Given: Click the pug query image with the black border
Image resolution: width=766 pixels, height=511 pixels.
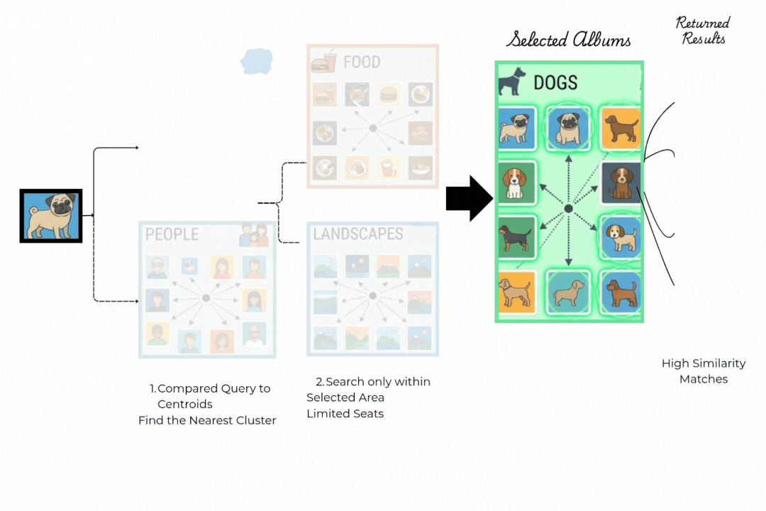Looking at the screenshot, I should coord(51,216).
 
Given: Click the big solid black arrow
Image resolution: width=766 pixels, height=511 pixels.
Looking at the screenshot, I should coord(468,199).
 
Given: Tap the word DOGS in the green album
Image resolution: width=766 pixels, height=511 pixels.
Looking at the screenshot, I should coord(555,83).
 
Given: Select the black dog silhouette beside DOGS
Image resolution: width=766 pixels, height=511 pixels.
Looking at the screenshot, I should coord(512,82).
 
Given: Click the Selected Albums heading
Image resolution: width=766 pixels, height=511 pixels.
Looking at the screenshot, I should coord(568,40).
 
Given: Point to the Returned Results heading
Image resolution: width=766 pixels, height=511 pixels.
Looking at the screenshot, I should coord(703,31).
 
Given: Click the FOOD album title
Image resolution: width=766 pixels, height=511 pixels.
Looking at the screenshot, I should coord(362,62).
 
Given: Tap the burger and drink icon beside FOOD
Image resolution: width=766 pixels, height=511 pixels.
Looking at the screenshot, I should coord(324,62).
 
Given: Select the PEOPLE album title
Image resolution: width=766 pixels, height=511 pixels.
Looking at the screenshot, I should coord(172,234).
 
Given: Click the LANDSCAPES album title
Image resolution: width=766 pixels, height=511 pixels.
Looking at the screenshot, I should coord(357,233).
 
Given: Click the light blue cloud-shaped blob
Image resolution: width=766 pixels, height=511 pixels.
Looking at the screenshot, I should coord(256,61).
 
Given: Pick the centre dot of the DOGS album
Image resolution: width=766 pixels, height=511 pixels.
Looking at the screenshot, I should coord(569,209).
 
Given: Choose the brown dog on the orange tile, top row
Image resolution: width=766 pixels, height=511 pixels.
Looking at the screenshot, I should coord(621,128).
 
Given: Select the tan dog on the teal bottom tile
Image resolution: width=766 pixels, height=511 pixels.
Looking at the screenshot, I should coord(568,291).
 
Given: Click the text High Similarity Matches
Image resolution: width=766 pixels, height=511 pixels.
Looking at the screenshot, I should coord(704,371).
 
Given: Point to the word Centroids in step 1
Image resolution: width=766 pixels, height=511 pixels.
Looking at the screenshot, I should coord(185,405).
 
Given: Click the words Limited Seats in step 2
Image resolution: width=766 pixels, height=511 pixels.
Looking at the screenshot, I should coord(345,414).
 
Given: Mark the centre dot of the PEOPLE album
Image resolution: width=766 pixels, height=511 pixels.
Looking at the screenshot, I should coord(206,298).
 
